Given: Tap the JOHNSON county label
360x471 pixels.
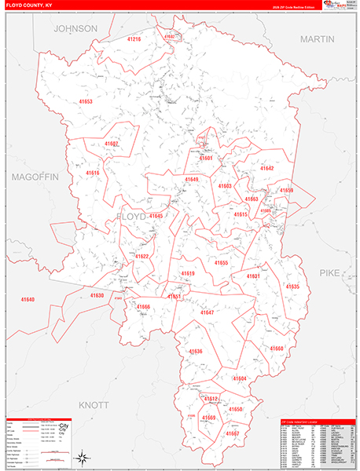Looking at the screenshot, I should click(x=75, y=28).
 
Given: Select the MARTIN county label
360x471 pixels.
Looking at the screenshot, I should click(x=317, y=38).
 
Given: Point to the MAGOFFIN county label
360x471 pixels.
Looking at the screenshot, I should click(x=35, y=177).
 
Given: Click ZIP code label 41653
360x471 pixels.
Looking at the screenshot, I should click(x=85, y=101).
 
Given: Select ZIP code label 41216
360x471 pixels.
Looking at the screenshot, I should click(x=134, y=39).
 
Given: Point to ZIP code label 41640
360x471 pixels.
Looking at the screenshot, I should click(x=28, y=300).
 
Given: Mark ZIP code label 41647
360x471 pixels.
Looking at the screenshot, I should click(x=207, y=312).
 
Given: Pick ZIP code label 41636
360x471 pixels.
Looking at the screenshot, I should click(x=195, y=351).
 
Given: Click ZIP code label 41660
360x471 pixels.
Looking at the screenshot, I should click(x=277, y=348).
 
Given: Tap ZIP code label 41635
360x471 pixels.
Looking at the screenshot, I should click(x=292, y=287).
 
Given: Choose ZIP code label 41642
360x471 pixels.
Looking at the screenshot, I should click(x=267, y=168).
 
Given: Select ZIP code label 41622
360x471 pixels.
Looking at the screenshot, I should click(x=141, y=256).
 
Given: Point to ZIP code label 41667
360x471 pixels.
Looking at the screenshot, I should click(x=232, y=433).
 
